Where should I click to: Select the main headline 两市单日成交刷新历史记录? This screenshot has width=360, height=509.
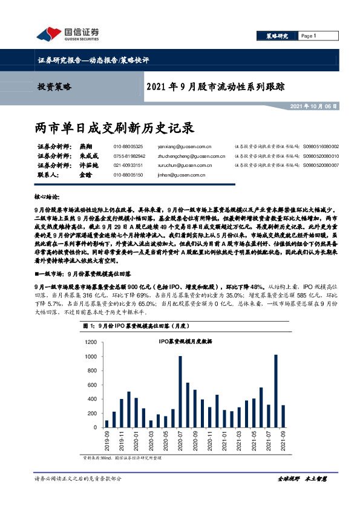pos(115,128)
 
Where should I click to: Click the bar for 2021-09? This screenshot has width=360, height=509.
pos(283,417)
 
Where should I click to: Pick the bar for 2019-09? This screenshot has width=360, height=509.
pos(107,424)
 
